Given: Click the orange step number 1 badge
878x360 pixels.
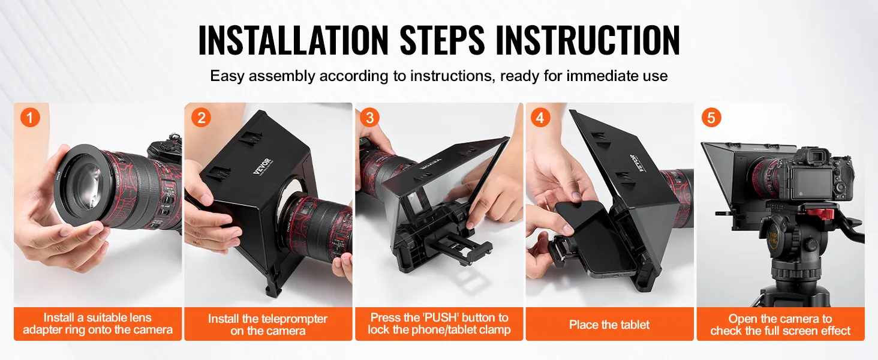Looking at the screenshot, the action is [30, 117].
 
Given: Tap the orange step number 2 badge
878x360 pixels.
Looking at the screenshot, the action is [201, 117].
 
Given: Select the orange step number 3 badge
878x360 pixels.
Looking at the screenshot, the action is [369, 117].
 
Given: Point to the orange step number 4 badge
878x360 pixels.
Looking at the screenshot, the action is [540, 117].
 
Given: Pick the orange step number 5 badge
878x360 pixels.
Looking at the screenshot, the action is [711, 117].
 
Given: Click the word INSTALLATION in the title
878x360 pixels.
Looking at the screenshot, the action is [293, 40].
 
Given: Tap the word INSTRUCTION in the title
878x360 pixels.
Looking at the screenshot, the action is [588, 40].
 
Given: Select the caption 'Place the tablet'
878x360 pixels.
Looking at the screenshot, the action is [609, 325].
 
